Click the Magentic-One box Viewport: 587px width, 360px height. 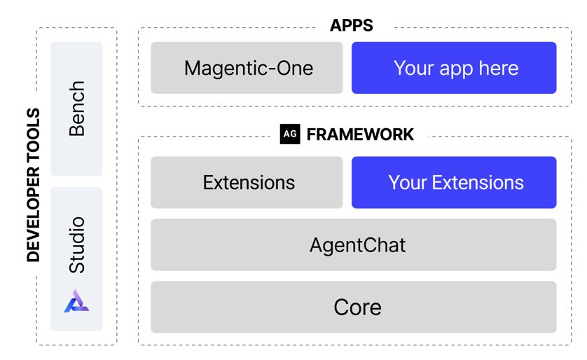247,68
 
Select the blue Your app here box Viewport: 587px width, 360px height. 454,68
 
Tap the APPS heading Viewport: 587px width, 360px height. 352,26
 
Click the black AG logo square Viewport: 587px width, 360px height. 290,134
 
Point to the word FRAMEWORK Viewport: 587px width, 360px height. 360,134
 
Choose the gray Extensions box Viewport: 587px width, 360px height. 247,183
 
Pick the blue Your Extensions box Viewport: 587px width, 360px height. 454,183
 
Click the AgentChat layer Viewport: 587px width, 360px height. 354,245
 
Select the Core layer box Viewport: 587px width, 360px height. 354,307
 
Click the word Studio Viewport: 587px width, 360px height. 76,244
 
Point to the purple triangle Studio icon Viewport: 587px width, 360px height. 76,301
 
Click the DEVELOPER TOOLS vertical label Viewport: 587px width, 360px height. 33,185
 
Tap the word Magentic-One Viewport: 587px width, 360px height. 249,68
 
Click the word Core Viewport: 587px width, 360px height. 357,307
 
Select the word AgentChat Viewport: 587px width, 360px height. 357,245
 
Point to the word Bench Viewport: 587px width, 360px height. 76,109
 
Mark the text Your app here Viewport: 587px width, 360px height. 456,68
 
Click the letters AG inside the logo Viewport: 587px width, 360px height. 290,134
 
